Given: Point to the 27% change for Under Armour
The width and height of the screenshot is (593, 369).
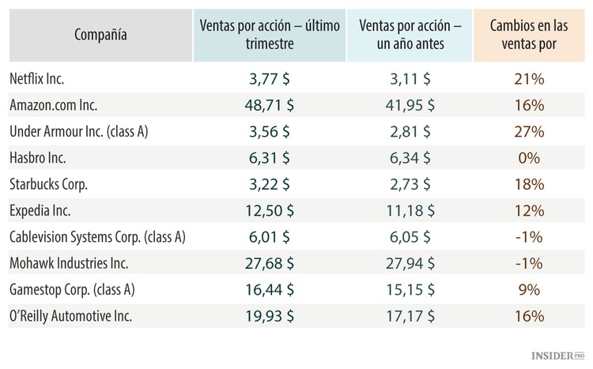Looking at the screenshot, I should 527,131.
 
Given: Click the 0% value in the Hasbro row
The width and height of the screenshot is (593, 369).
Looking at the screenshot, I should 527,157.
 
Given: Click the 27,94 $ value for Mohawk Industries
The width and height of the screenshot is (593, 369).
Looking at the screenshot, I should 404,263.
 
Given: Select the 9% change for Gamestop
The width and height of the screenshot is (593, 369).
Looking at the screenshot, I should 527,289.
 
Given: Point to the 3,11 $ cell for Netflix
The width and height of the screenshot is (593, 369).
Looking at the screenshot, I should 404,79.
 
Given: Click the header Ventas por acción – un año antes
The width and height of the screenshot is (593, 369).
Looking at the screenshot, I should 404,35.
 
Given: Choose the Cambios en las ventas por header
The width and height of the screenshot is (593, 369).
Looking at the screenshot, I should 527,35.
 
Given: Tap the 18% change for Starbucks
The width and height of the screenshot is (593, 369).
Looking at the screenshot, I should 527,184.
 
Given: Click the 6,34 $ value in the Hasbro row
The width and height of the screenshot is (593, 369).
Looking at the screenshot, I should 404,157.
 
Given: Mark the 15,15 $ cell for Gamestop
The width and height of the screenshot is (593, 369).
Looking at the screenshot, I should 404,289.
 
